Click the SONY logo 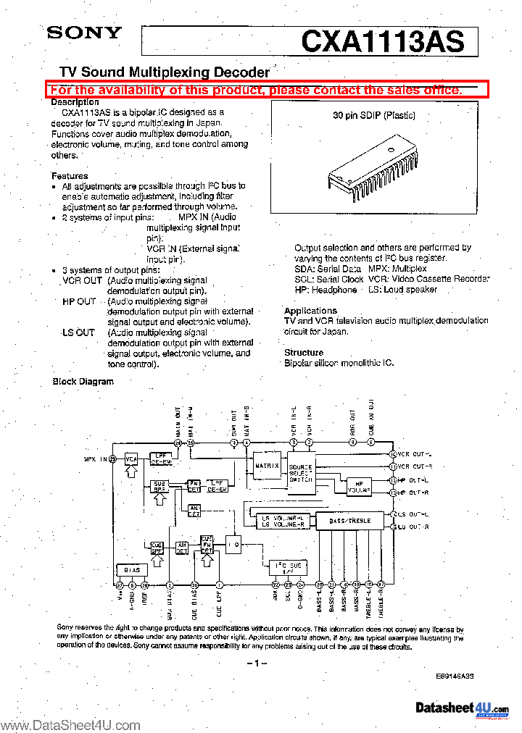pyautogui.click(x=85, y=33)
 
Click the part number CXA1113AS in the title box pyautogui.click(x=382, y=41)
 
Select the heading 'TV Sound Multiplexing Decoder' pyautogui.click(x=164, y=72)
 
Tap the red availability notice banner pyautogui.click(x=266, y=90)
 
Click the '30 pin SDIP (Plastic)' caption pyautogui.click(x=375, y=115)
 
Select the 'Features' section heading pyautogui.click(x=70, y=176)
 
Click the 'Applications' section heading pyautogui.click(x=310, y=310)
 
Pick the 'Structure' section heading pyautogui.click(x=304, y=352)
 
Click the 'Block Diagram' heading pyautogui.click(x=83, y=381)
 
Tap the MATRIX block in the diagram pyautogui.click(x=266, y=466)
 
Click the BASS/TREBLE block pyautogui.click(x=349, y=520)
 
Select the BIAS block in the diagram pyautogui.click(x=132, y=570)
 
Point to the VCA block pyautogui.click(x=131, y=459)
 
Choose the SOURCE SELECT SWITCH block pyautogui.click(x=301, y=474)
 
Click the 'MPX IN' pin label pyautogui.click(x=96, y=459)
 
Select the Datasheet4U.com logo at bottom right pyautogui.click(x=462, y=708)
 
